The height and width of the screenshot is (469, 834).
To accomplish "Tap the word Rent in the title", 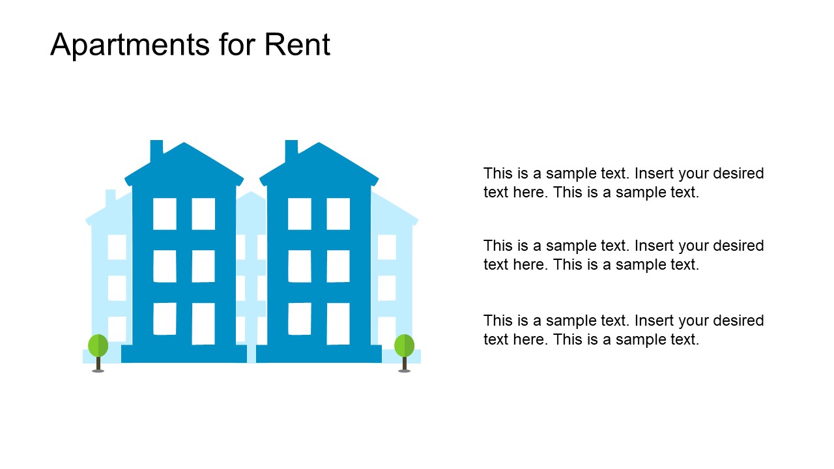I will (x=297, y=46).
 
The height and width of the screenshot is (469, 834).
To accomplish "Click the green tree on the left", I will (x=98, y=345).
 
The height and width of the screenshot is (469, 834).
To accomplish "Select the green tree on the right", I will (x=404, y=345).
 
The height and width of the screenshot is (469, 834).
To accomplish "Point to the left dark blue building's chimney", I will (x=156, y=150).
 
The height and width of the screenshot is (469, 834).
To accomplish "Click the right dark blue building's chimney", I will (x=291, y=150).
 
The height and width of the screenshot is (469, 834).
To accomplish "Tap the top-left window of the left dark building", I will (x=164, y=214).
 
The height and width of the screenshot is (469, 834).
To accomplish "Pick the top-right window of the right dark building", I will (x=338, y=214).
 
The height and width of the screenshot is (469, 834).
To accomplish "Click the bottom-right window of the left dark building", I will (x=203, y=323).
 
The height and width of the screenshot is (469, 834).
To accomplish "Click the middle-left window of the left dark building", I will (x=164, y=266).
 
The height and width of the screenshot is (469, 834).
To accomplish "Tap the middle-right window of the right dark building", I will (x=338, y=266).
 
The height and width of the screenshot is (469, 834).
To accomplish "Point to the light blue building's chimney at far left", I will (x=110, y=197).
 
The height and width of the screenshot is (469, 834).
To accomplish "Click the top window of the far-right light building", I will (x=386, y=247).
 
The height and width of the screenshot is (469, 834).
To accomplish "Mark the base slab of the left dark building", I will (x=184, y=354).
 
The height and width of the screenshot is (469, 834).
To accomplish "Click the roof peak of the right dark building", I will (x=319, y=146).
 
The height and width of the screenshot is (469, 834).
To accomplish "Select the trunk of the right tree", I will (x=404, y=363).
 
